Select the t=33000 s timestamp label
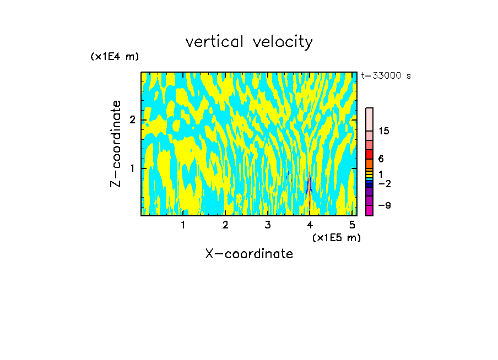386,76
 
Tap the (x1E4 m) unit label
115,57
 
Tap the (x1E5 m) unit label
336,237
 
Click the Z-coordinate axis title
116,144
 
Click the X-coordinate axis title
249,254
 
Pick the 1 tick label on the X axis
183,225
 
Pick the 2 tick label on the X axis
225,225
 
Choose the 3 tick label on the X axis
268,225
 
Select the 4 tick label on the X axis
310,225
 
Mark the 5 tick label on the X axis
352,225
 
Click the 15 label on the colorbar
383,131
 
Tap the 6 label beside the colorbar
381,159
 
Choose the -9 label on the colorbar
385,205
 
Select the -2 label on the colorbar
385,183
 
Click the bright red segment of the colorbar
370,154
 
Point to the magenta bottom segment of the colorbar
370,210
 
